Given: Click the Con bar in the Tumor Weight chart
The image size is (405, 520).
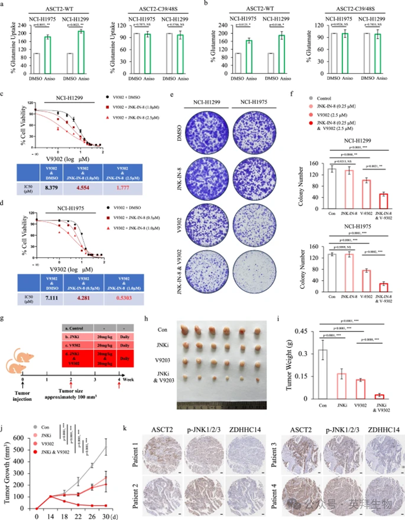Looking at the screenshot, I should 322,373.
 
